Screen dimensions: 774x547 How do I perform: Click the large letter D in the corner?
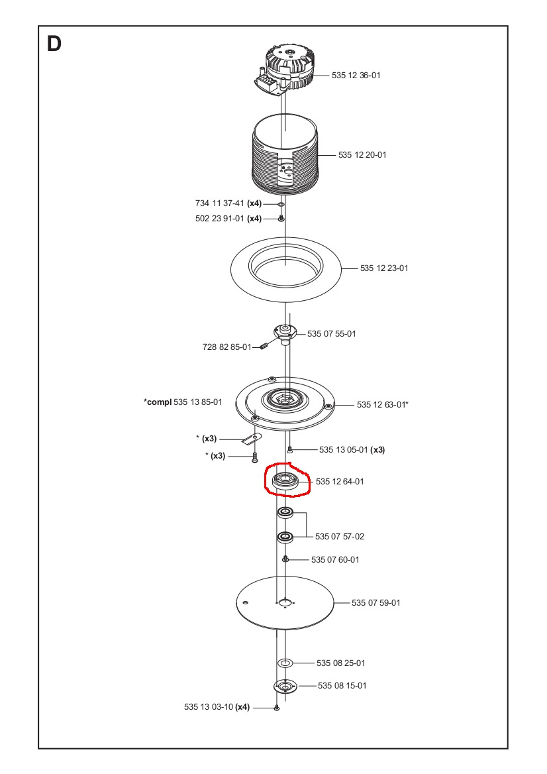click(54, 44)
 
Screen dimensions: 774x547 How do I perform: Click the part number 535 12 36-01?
click(356, 76)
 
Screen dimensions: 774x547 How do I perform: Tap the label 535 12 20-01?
click(362, 155)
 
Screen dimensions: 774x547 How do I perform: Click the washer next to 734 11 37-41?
click(281, 205)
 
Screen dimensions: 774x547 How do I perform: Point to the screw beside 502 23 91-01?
click(281, 219)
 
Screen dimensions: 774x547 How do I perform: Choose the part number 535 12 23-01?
click(384, 268)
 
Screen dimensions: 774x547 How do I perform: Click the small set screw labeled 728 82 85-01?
click(263, 347)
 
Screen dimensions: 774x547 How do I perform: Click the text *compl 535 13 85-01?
click(183, 402)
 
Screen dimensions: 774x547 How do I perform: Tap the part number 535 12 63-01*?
click(382, 404)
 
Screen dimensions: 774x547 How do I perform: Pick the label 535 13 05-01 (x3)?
click(352, 450)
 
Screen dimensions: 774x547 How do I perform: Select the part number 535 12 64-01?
click(340, 482)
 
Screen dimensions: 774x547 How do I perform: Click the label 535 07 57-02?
click(339, 536)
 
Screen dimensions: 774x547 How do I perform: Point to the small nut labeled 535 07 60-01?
click(285, 559)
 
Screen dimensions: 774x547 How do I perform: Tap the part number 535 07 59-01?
click(375, 602)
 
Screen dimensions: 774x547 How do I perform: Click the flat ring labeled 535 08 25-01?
click(285, 663)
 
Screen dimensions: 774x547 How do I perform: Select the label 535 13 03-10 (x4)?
click(217, 707)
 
